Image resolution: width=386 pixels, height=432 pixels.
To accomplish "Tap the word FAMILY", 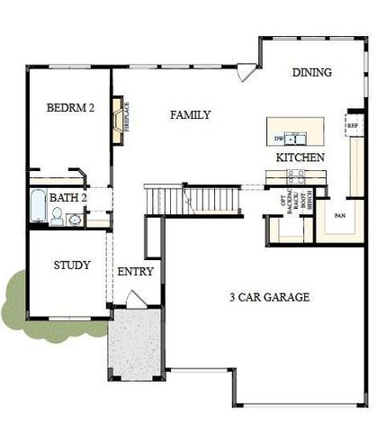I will click(x=190, y=114).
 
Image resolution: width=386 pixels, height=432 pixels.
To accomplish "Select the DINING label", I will click(x=311, y=72).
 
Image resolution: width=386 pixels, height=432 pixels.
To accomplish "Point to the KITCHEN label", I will click(x=300, y=157).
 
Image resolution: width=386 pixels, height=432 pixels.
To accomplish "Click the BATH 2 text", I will click(x=67, y=197).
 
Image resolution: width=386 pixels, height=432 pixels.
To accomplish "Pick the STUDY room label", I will click(x=71, y=265).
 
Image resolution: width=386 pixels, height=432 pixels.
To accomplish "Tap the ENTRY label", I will click(x=135, y=271).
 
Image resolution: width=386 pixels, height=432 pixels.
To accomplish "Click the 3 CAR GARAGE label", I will click(x=269, y=296).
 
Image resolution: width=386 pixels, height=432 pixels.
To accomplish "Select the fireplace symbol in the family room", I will click(x=117, y=121).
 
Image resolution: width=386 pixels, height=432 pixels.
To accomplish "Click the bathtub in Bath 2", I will click(x=38, y=208).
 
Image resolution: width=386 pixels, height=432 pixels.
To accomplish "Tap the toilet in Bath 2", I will click(x=58, y=217).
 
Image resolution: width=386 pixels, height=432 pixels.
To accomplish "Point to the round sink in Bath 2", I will click(x=75, y=218).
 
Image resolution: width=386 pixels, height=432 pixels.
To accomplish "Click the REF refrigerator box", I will click(x=354, y=125).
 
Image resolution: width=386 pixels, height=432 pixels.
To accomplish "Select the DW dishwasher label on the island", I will click(x=279, y=139).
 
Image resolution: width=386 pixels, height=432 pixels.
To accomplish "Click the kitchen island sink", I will click(x=297, y=139).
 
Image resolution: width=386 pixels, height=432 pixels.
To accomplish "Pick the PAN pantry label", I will click(x=340, y=216).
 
